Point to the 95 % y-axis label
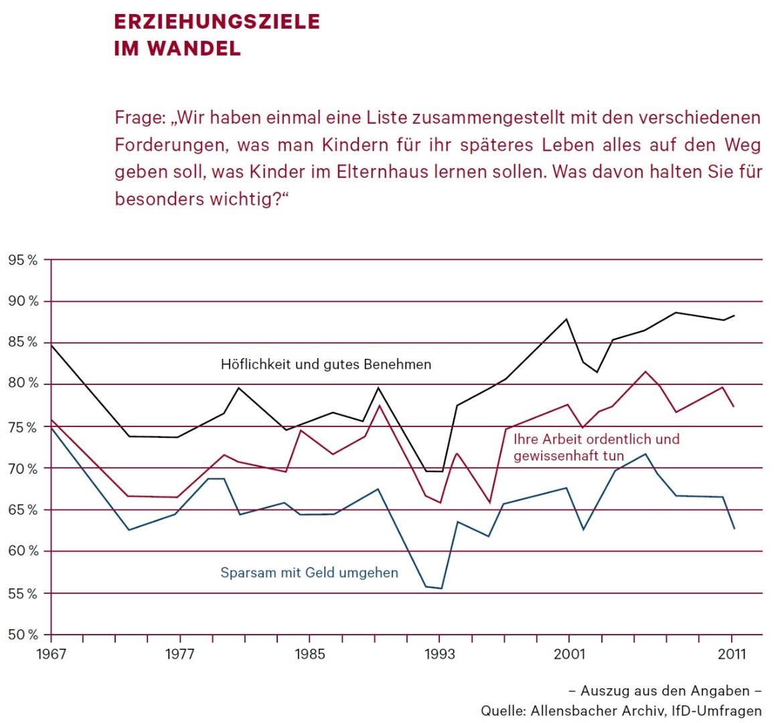click(x=23, y=259)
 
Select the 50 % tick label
click(x=23, y=635)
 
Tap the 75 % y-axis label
click(x=23, y=426)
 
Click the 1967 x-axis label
click(x=51, y=654)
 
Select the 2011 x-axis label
click(x=731, y=654)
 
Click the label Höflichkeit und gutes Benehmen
click(x=326, y=365)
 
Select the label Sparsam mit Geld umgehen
click(x=309, y=573)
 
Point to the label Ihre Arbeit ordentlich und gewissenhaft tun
click(x=596, y=448)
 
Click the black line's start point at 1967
click(x=52, y=345)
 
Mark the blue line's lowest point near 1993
click(x=441, y=588)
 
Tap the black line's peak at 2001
click(x=568, y=319)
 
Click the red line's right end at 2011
click(x=734, y=406)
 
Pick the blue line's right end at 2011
click(x=734, y=529)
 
